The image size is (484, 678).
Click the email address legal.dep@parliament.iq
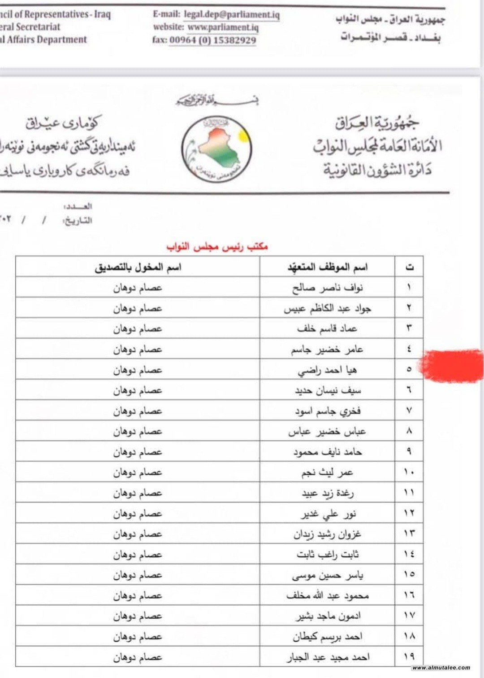231,15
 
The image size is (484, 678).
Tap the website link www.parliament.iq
223,27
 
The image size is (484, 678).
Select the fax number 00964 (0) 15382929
213,40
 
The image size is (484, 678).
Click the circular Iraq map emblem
217,149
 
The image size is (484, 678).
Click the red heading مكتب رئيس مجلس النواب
217,246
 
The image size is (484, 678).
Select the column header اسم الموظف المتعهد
327,267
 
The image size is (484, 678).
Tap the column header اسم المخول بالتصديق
138,267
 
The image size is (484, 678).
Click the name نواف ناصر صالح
327,288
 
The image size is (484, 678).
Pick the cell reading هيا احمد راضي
327,370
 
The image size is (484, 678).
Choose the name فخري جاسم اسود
327,411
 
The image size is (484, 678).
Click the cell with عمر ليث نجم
327,472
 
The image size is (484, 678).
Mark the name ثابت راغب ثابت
327,555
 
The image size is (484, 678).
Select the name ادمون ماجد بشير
327,616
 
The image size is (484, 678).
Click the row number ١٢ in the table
409,513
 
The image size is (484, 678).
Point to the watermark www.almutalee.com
441,668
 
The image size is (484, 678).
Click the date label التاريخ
78,221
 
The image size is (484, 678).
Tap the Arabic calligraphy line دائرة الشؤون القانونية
377,171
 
